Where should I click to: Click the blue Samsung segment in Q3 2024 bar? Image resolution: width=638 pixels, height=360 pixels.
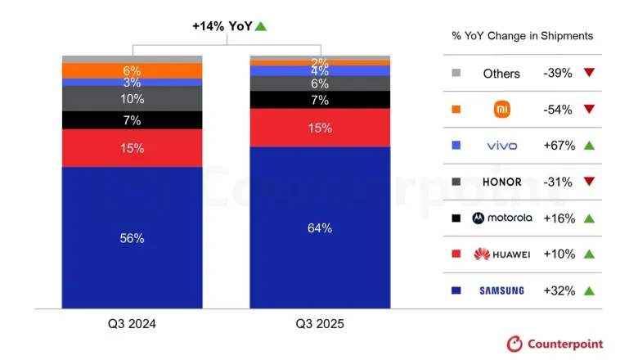pyautogui.click(x=133, y=238)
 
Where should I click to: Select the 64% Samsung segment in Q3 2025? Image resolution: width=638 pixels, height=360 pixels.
pyautogui.click(x=320, y=228)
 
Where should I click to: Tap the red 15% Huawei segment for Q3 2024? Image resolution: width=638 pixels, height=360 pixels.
pyautogui.click(x=133, y=148)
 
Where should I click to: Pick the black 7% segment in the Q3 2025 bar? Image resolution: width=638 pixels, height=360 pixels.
pyautogui.click(x=320, y=100)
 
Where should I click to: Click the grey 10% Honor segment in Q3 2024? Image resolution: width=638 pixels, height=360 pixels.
pyautogui.click(x=133, y=99)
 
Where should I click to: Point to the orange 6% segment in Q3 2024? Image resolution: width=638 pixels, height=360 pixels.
pyautogui.click(x=133, y=71)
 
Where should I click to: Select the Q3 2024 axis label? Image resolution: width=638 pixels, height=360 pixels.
pyautogui.click(x=133, y=324)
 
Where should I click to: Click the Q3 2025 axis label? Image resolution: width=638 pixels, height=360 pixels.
pyautogui.click(x=320, y=324)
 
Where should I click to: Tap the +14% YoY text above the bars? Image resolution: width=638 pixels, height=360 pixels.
pyautogui.click(x=222, y=26)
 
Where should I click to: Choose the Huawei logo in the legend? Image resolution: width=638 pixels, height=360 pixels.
pyautogui.click(x=501, y=254)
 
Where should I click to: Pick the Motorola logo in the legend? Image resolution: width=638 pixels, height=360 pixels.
pyautogui.click(x=501, y=218)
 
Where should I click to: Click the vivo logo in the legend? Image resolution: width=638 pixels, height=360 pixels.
pyautogui.click(x=501, y=146)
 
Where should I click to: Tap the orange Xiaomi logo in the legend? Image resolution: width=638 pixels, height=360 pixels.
pyautogui.click(x=501, y=110)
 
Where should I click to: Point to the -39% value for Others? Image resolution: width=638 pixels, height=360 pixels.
pyautogui.click(x=559, y=73)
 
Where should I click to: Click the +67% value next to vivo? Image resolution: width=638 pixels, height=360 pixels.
pyautogui.click(x=559, y=146)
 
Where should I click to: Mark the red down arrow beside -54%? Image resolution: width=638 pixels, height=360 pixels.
pyautogui.click(x=588, y=110)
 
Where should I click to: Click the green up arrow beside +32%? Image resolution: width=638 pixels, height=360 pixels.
pyautogui.click(x=588, y=290)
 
